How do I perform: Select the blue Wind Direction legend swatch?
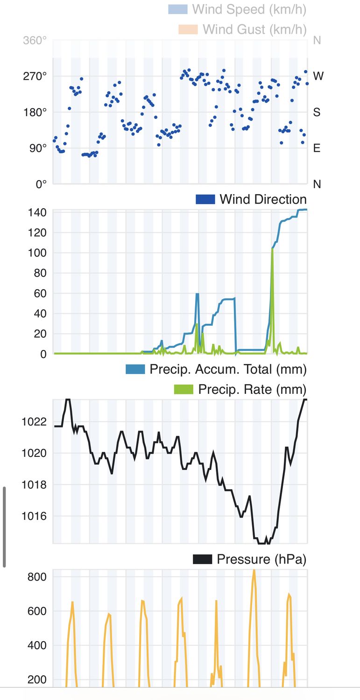(x=205, y=199)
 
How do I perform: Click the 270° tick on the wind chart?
(x=35, y=76)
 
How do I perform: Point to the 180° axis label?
(x=35, y=112)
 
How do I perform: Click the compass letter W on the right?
(x=318, y=76)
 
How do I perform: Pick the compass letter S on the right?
(x=317, y=112)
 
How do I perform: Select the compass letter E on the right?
(x=317, y=148)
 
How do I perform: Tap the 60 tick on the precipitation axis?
(x=40, y=294)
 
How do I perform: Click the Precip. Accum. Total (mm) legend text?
(x=228, y=369)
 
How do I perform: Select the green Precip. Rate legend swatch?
(x=183, y=389)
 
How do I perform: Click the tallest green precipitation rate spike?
(x=272, y=250)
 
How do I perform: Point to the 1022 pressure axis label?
(x=35, y=422)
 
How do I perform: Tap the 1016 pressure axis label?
(x=35, y=516)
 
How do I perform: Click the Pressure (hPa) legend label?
(x=261, y=559)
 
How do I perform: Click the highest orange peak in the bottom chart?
(x=254, y=571)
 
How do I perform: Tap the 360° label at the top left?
(x=35, y=41)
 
